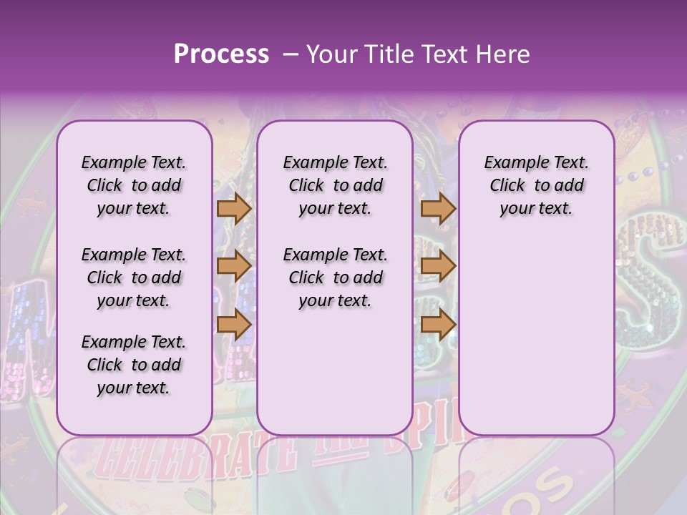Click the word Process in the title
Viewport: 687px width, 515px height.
[x=221, y=54]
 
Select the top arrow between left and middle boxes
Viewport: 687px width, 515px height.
[x=234, y=209]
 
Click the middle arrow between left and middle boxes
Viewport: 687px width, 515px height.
[x=234, y=266]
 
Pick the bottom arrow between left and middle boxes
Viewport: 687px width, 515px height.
[x=234, y=324]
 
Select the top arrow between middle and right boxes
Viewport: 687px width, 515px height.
[x=438, y=209]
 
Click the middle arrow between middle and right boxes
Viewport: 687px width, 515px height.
[x=438, y=266]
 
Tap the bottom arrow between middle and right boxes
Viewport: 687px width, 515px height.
[x=438, y=324]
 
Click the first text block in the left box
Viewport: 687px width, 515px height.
[x=134, y=185]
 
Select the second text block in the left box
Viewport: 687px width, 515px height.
[x=134, y=278]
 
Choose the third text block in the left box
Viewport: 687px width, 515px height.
[x=134, y=365]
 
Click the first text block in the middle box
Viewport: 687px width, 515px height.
[x=335, y=185]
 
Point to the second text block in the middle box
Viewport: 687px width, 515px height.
[x=335, y=278]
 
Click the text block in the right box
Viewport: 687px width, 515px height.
[x=536, y=185]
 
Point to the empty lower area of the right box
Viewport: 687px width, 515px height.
[x=536, y=336]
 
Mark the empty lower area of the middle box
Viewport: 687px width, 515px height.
[x=335, y=372]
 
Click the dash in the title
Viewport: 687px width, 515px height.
[x=291, y=54]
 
